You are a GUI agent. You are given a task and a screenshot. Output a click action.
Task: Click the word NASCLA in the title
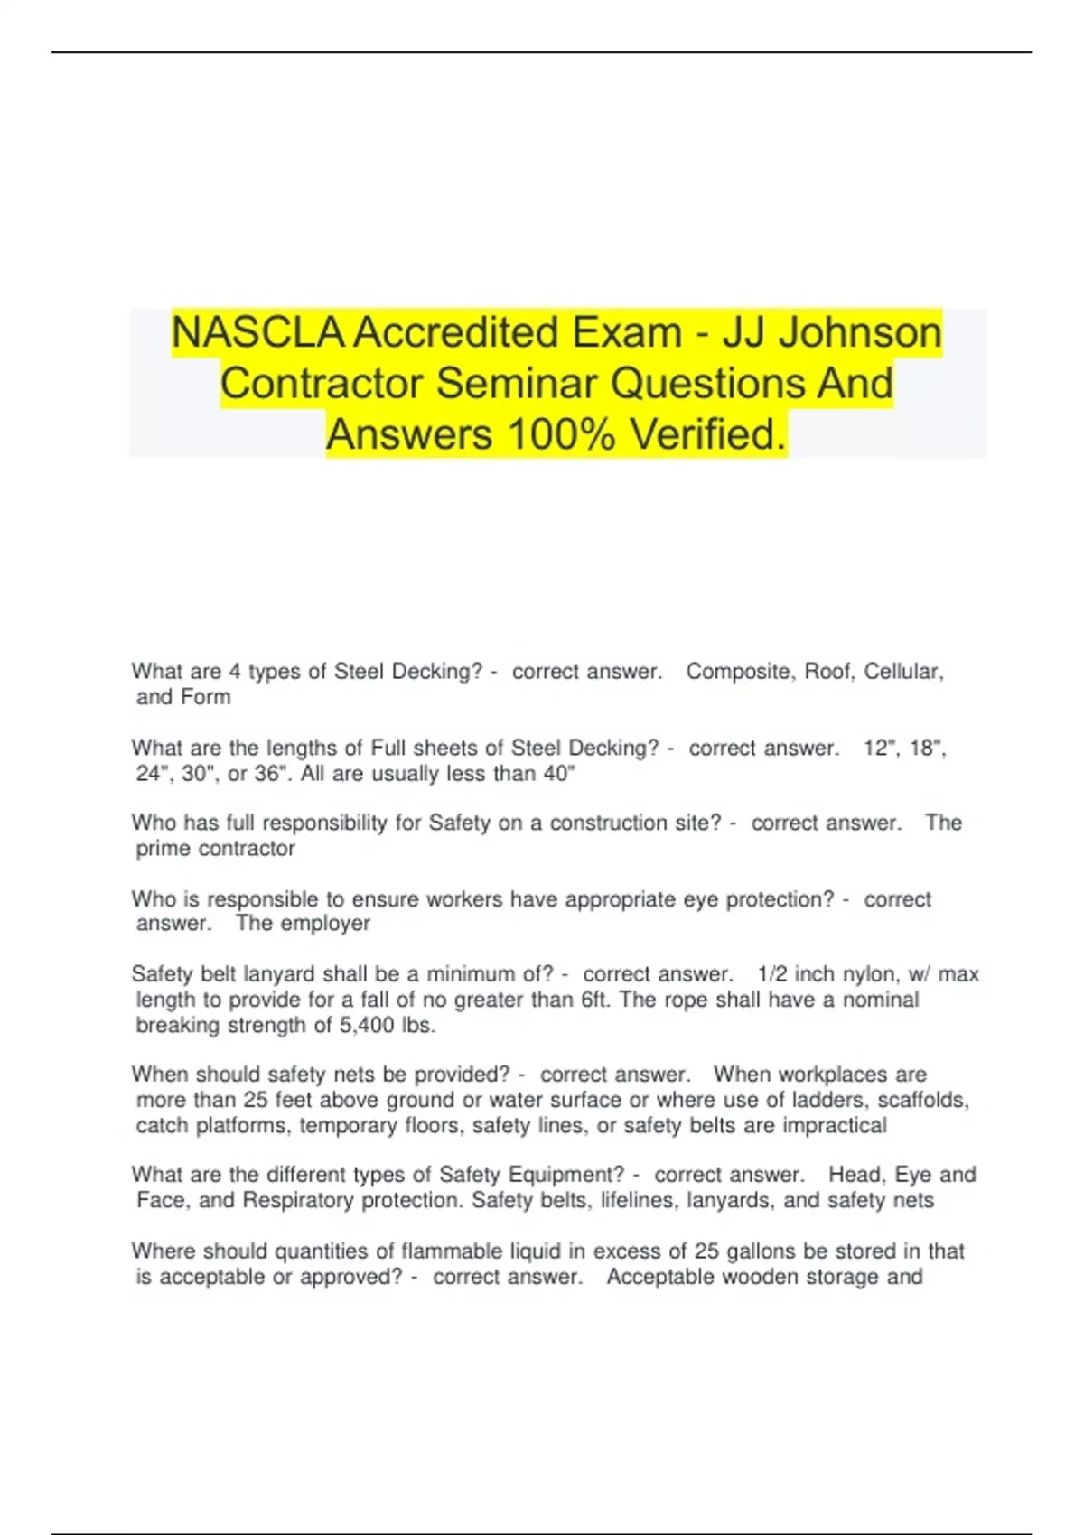point(257,332)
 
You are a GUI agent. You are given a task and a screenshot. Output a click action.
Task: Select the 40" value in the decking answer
point(559,774)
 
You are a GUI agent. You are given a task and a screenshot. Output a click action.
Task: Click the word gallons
point(762,1251)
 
